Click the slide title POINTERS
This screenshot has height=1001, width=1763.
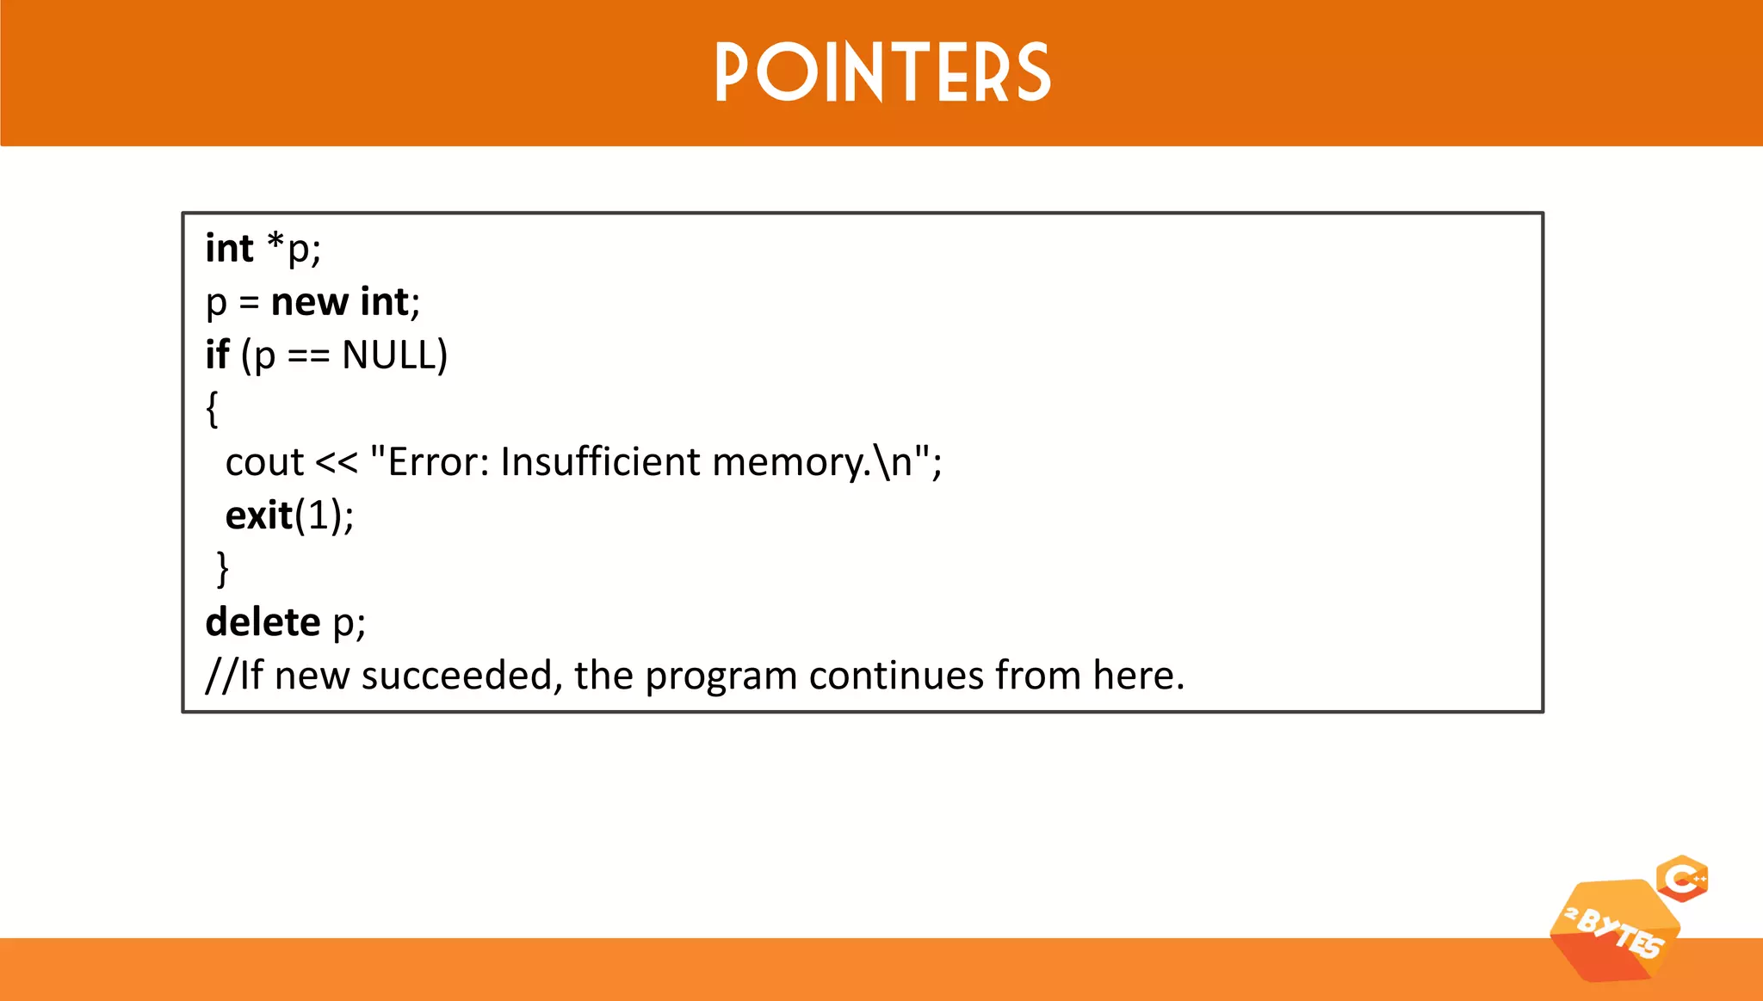882,73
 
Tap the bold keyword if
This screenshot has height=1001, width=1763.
217,355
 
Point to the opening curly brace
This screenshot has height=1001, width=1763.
213,409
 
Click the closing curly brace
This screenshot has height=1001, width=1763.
223,569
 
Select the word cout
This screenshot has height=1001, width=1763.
264,462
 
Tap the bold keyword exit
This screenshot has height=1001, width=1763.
258,516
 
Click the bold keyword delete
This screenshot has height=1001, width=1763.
263,622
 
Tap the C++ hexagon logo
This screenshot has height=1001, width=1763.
1682,879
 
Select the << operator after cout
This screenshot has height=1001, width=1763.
336,463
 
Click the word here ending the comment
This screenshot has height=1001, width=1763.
1134,676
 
